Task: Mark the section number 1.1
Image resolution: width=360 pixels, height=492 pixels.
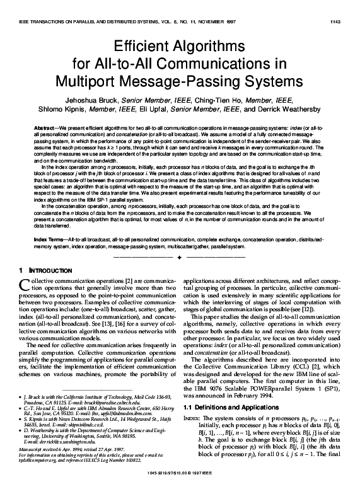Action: [190, 409]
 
